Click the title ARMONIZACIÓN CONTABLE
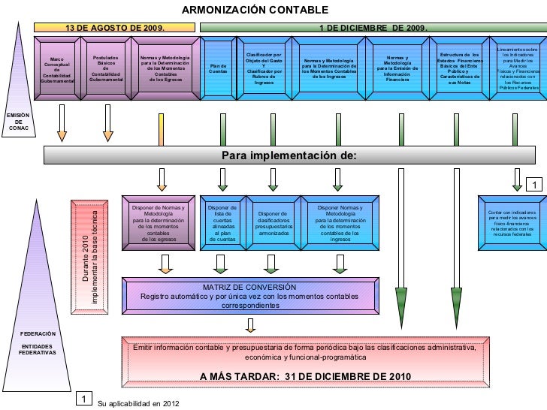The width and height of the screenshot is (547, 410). [255, 10]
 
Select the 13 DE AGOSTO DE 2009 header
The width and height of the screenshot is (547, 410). [116, 28]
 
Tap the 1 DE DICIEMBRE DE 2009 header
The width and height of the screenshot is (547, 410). [373, 28]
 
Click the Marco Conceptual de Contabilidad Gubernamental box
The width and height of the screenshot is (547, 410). [57, 69]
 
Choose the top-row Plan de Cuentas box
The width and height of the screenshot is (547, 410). [218, 68]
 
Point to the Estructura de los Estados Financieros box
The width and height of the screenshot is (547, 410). [459, 68]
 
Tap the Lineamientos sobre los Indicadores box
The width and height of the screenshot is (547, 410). [518, 68]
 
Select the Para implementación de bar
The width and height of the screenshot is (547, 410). [289, 155]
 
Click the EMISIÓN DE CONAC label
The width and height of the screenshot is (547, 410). [18, 122]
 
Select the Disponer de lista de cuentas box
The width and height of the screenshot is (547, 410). [222, 223]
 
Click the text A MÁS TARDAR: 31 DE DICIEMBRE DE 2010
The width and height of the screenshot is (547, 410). [304, 376]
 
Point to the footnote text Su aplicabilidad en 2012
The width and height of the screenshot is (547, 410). [139, 403]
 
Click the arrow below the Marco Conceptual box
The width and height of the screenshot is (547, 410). [62, 123]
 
